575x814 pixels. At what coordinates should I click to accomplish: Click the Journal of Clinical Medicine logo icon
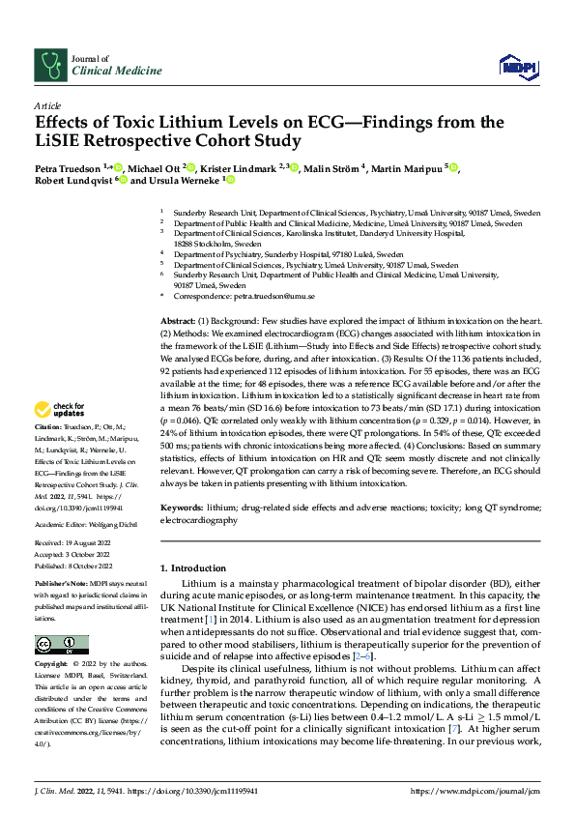pyautogui.click(x=49, y=65)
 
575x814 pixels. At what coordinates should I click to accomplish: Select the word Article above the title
pyautogui.click(x=47, y=105)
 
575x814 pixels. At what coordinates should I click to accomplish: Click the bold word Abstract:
pyautogui.click(x=178, y=320)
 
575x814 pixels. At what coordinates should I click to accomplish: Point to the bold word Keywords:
pyautogui.click(x=182, y=509)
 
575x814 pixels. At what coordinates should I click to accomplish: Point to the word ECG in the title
pyautogui.click(x=301, y=123)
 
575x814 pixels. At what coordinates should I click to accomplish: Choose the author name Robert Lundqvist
pyautogui.click(x=72, y=180)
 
